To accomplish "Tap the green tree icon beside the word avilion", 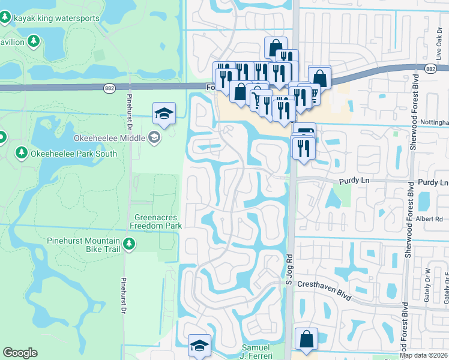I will click(34, 41).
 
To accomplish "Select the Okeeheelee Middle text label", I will click(109, 139).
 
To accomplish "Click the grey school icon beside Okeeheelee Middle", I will click(154, 139).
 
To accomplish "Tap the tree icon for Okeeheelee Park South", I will click(21, 153).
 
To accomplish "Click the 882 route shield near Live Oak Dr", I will click(429, 69).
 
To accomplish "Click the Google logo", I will click(20, 353).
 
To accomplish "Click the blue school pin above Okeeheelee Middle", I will click(164, 113).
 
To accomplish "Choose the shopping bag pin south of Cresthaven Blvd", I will click(307, 339).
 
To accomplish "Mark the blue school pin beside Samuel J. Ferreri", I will click(199, 346).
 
